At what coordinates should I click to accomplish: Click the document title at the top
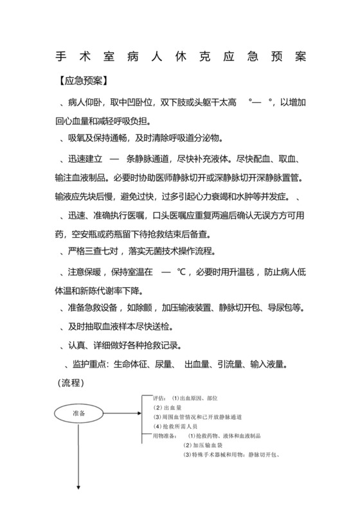[x=180, y=57]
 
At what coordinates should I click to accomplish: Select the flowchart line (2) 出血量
[x=169, y=407]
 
